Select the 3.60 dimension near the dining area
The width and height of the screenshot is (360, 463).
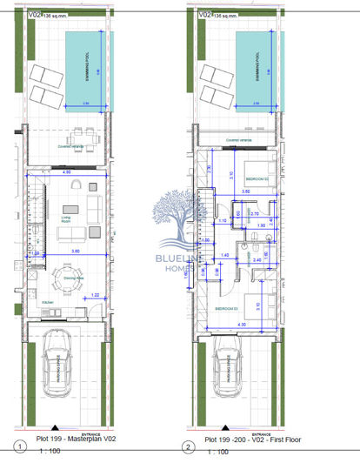pos(76,252)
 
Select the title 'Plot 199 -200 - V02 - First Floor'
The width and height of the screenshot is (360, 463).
pos(245,441)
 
